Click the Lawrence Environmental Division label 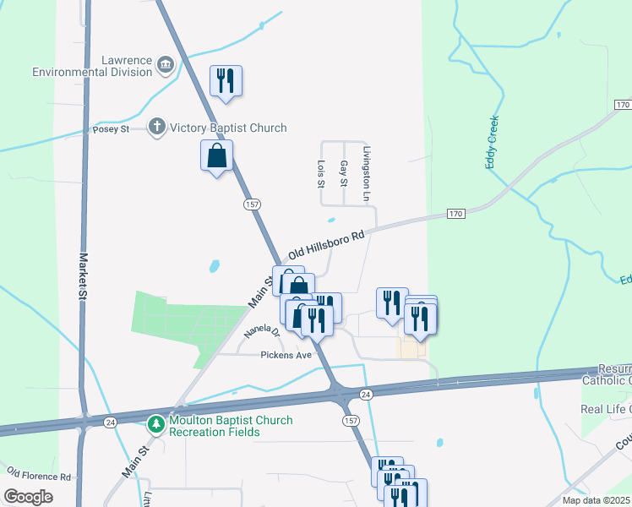pos(91,66)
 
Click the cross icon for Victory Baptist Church pos(156,128)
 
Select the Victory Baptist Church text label pos(228,128)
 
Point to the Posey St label pos(111,129)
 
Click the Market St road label pos(84,277)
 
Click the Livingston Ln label pos(367,174)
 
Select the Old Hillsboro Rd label pos(325,243)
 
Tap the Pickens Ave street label pos(286,355)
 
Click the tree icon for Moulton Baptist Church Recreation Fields pos(156,425)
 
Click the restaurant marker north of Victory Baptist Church pos(226,81)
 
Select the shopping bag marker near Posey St pos(217,155)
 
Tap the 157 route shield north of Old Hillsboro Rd pos(252,204)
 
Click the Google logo pos(29,497)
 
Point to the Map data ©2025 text pos(596,499)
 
